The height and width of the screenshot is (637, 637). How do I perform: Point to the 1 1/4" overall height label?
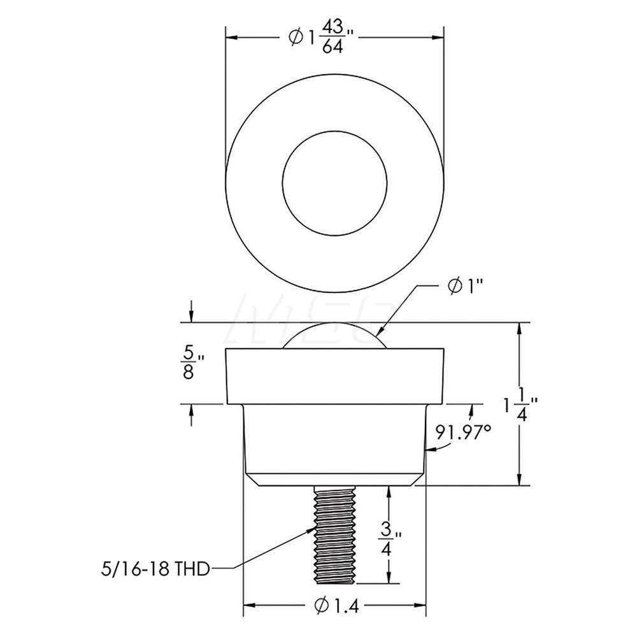(x=519, y=403)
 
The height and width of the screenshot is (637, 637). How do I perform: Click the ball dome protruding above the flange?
(x=334, y=336)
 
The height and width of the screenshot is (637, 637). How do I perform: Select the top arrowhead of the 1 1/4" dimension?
(x=522, y=327)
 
